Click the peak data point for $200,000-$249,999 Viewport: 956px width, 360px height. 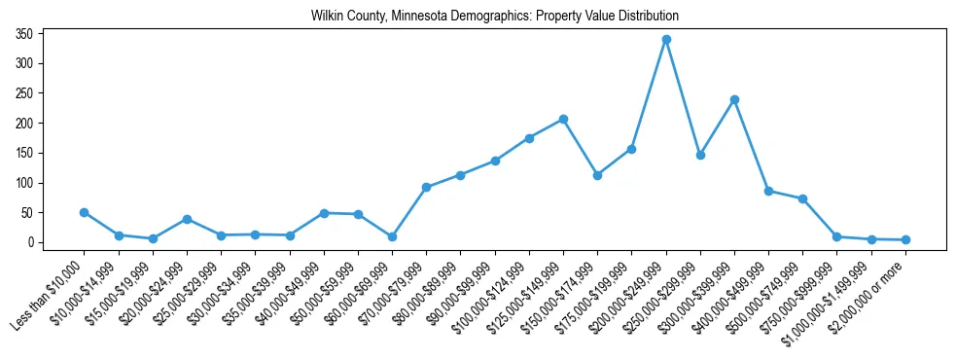666,40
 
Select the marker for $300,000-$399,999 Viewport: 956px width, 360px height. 734,99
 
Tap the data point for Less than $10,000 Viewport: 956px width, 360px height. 85,212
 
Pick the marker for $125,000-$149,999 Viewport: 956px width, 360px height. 563,119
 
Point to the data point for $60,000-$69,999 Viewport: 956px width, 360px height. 392,236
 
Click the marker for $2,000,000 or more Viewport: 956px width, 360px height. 905,239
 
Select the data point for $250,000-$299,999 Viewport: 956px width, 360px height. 700,155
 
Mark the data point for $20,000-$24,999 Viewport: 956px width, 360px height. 187,219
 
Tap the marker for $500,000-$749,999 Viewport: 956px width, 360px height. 802,198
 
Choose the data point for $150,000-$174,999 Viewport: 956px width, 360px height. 597,175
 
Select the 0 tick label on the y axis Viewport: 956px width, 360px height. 31,242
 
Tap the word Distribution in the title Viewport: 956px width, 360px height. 647,17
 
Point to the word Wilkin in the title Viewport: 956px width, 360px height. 328,17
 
